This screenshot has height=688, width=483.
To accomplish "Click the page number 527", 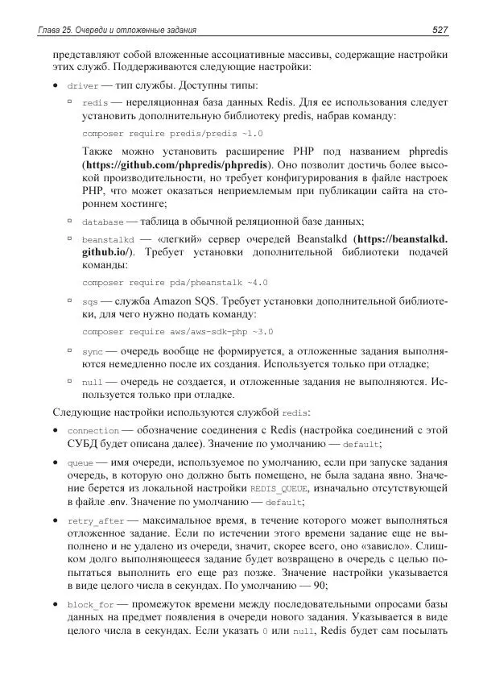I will click(439, 30).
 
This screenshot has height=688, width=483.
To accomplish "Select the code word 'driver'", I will click(83, 85).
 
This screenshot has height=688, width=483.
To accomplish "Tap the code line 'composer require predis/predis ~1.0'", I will click(172, 133).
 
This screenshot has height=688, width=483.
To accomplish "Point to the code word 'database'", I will click(103, 222).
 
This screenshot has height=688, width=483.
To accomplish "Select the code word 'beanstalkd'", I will click(107, 240).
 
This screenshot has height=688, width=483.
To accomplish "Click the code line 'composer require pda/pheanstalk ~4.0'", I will click(175, 283).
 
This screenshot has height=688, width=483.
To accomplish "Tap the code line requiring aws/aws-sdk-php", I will click(178, 331).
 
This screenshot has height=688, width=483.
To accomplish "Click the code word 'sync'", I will click(92, 352).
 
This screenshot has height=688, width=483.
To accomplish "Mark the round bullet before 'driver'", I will click(54, 85).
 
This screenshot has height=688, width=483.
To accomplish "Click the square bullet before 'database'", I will click(71, 221).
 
